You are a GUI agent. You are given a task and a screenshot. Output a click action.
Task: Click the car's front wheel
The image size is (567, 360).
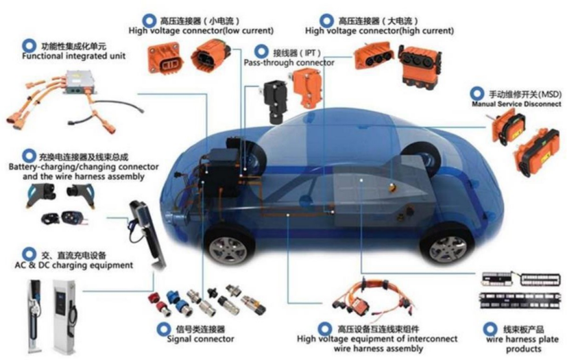(x=228, y=246)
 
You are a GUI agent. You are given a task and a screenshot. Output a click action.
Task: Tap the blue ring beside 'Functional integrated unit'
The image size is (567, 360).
(x=29, y=46)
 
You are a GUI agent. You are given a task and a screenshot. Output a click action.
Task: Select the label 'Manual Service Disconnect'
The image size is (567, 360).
(x=517, y=104)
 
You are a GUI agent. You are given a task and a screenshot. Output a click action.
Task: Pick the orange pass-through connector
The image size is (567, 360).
(x=306, y=88)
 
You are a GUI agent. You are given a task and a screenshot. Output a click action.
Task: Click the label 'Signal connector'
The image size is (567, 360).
(x=200, y=339)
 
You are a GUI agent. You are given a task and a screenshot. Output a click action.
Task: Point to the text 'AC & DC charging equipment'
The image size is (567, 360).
(x=74, y=265)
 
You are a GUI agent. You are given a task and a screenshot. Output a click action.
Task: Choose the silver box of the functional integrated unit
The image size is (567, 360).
(x=81, y=82)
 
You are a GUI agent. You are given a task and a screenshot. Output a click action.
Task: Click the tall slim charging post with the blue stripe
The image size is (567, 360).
(x=35, y=315)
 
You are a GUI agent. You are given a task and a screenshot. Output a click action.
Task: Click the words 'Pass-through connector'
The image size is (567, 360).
(x=289, y=63)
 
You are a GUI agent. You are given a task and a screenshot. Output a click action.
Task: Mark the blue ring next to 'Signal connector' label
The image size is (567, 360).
(x=163, y=329)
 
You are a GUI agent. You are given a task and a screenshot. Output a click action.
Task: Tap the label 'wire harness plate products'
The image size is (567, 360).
(x=523, y=344)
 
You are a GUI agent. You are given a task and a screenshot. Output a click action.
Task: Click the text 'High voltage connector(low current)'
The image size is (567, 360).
(x=201, y=31)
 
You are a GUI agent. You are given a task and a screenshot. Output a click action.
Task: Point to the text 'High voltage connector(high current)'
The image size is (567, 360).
(x=379, y=31)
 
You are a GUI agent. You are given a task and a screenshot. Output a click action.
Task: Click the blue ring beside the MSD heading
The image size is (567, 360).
(x=477, y=94)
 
